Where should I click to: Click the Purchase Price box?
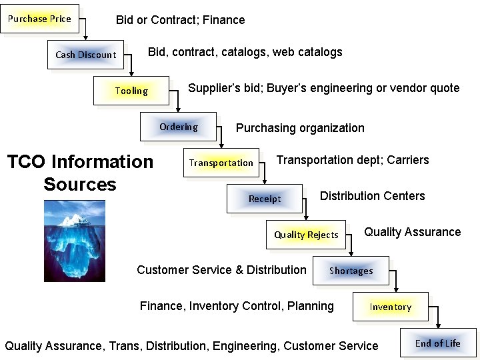click(39, 19)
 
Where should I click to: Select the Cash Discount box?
click(85, 55)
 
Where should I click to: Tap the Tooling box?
click(131, 91)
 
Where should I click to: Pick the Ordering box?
click(178, 127)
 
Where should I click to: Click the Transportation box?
click(221, 163)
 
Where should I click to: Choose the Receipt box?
click(265, 199)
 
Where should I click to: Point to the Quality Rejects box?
click(306, 235)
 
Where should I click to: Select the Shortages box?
click(351, 271)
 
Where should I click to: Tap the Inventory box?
click(391, 307)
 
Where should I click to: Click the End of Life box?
click(437, 343)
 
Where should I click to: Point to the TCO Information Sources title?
click(80, 173)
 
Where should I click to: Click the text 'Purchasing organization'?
click(300, 128)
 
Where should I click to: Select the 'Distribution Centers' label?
click(372, 196)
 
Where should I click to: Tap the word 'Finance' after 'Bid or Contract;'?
click(224, 20)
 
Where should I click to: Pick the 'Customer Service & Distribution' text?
click(221, 270)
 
